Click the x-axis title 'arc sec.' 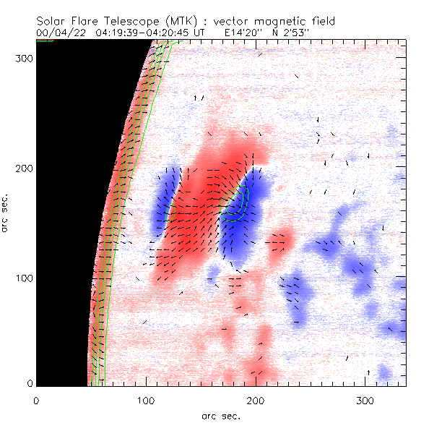coord(221,415)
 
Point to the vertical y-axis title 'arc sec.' coord(6,214)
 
